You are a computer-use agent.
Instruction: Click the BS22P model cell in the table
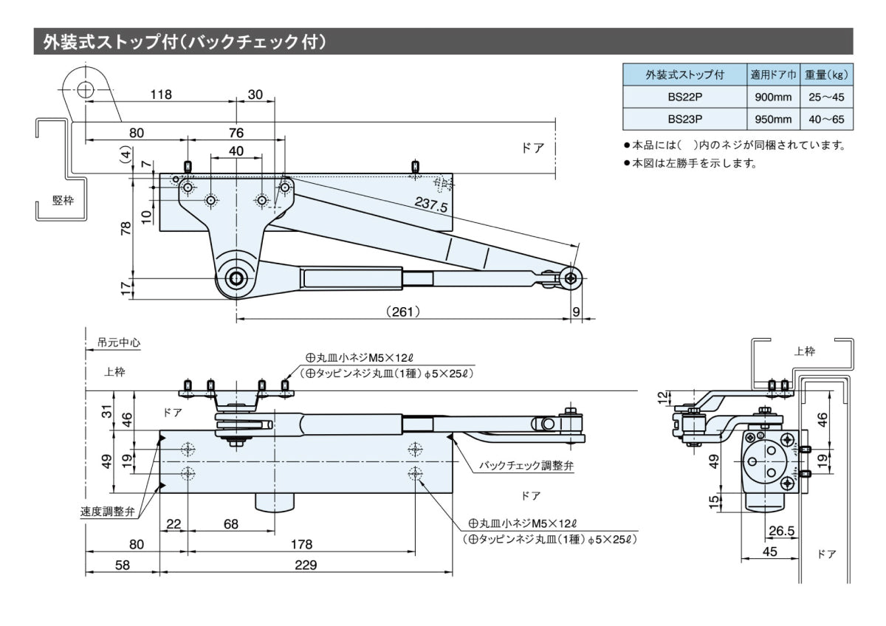point(684,97)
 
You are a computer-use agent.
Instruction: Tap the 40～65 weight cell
point(826,119)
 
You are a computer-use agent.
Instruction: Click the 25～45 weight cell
point(826,97)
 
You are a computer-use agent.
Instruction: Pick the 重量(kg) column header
point(826,75)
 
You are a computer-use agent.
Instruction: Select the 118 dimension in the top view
point(160,94)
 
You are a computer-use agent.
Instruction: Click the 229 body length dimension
point(305,565)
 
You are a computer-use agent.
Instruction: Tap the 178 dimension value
point(301,544)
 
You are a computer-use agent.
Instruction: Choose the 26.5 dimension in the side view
point(780,531)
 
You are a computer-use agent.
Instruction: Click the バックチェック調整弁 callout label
point(526,466)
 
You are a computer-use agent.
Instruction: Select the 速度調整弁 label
point(108,512)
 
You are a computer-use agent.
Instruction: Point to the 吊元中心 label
point(118,343)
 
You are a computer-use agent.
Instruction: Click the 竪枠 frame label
point(63,201)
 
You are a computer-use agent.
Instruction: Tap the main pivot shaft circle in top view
point(236,278)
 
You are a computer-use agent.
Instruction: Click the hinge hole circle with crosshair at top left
point(86,89)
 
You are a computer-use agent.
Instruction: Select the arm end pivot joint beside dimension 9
point(571,278)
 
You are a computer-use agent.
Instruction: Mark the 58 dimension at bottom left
point(123,565)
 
